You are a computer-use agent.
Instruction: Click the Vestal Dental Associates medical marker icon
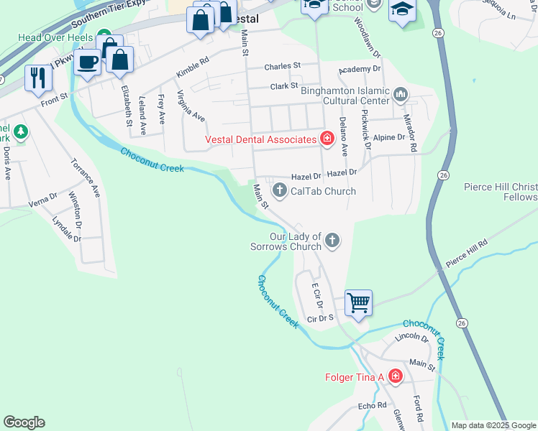pos(327,139)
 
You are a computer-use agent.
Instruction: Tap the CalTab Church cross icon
pos(280,190)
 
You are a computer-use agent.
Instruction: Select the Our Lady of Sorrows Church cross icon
pos(332,241)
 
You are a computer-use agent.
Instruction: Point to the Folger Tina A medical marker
pos(394,376)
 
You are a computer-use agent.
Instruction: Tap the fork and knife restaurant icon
pos(37,77)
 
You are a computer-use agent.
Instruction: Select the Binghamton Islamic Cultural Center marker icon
pos(401,93)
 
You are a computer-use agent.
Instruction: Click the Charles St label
pos(282,66)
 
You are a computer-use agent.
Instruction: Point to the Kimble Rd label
pos(192,68)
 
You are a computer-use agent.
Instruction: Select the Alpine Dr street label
pos(390,137)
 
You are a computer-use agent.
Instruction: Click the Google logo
pos(24,422)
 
